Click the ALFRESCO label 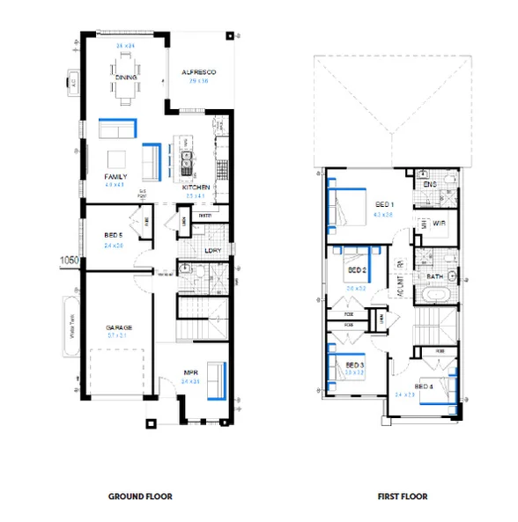point(199,72)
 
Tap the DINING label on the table point(124,76)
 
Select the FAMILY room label point(115,177)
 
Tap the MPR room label point(190,372)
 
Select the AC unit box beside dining point(72,84)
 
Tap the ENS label point(430,184)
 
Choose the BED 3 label point(355,364)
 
